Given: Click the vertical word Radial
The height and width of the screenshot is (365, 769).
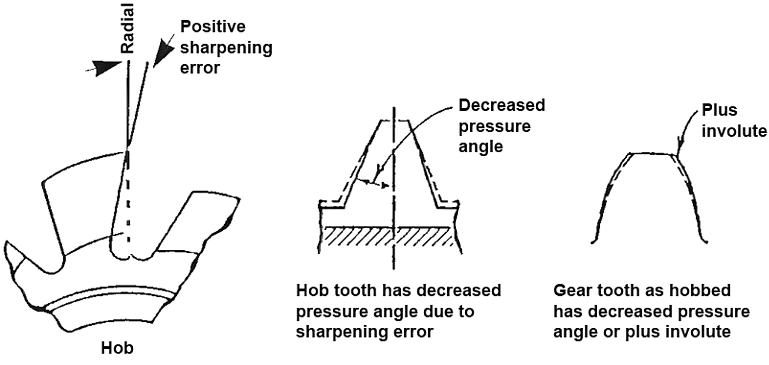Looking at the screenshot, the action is [x=128, y=29].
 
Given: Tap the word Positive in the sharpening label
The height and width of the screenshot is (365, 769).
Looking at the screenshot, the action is [x=213, y=27].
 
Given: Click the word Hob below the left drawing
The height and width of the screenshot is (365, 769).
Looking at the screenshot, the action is [x=117, y=348].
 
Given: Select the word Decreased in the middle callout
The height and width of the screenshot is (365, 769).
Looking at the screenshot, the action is [x=502, y=105].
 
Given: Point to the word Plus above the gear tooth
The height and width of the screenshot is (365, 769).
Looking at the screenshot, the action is [x=719, y=110].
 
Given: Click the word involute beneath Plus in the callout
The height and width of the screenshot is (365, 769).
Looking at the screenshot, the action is [x=734, y=131].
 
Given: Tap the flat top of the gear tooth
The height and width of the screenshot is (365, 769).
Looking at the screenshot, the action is [x=652, y=154].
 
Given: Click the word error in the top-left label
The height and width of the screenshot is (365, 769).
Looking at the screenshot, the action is [x=200, y=68].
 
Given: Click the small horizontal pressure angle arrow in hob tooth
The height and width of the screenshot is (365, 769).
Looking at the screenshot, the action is [x=373, y=183].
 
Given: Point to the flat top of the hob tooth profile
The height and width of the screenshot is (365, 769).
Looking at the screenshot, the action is [x=393, y=120].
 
